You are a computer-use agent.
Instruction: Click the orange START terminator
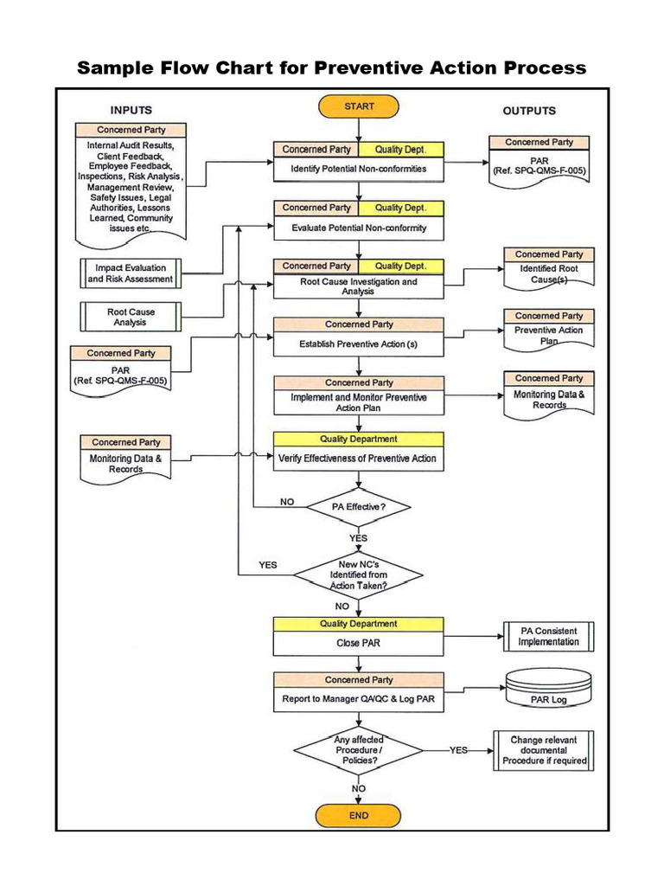pyautogui.click(x=359, y=106)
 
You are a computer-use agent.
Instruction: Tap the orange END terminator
pyautogui.click(x=359, y=815)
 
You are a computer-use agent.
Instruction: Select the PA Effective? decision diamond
pyautogui.click(x=359, y=507)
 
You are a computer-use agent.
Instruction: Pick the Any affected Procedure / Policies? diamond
pyautogui.click(x=359, y=750)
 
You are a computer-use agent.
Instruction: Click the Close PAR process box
pyautogui.click(x=359, y=643)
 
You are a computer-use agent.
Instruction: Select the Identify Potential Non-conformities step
pyautogui.click(x=359, y=169)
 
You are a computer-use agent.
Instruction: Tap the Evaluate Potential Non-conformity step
pyautogui.click(x=359, y=228)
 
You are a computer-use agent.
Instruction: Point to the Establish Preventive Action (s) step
pyautogui.click(x=359, y=343)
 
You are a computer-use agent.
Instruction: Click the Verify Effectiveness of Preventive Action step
pyautogui.click(x=359, y=458)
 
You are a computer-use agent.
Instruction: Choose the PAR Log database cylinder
pyautogui.click(x=549, y=691)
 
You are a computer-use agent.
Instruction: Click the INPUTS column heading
pyautogui.click(x=131, y=110)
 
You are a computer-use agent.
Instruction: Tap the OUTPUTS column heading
pyautogui.click(x=529, y=111)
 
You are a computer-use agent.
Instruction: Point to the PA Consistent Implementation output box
pyautogui.click(x=549, y=637)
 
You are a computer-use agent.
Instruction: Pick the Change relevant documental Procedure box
pyautogui.click(x=544, y=750)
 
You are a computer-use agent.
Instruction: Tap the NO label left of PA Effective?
pyautogui.click(x=287, y=502)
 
